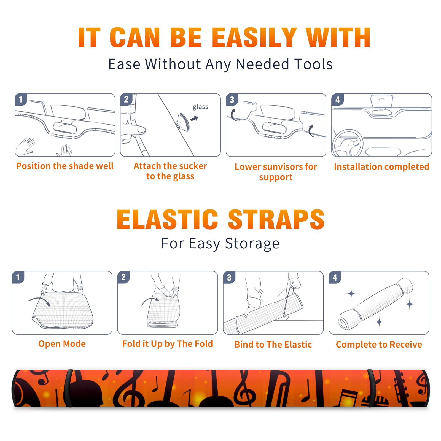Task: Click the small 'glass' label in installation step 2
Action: [200, 107]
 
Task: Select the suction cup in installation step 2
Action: [184, 121]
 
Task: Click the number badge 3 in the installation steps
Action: [232, 100]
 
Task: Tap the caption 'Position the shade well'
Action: [65, 166]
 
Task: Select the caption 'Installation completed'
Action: [381, 167]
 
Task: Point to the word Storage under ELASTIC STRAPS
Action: [252, 244]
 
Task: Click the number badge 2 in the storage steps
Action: [123, 277]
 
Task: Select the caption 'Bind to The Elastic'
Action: [273, 345]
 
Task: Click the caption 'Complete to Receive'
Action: [379, 345]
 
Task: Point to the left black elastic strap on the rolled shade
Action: [69, 388]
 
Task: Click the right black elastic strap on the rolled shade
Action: [371, 388]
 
